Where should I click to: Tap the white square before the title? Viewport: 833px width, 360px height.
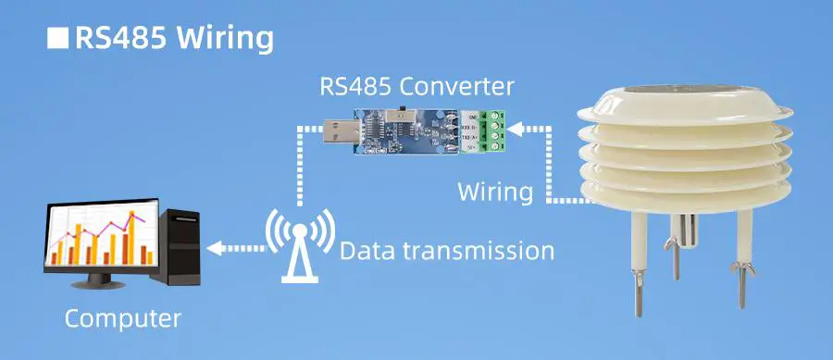tap(57, 39)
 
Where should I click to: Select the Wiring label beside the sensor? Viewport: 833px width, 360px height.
tap(495, 192)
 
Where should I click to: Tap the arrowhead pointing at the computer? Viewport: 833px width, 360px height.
tap(212, 248)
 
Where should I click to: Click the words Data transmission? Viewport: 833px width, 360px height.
tap(447, 250)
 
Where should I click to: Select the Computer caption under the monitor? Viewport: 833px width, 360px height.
tap(122, 319)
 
